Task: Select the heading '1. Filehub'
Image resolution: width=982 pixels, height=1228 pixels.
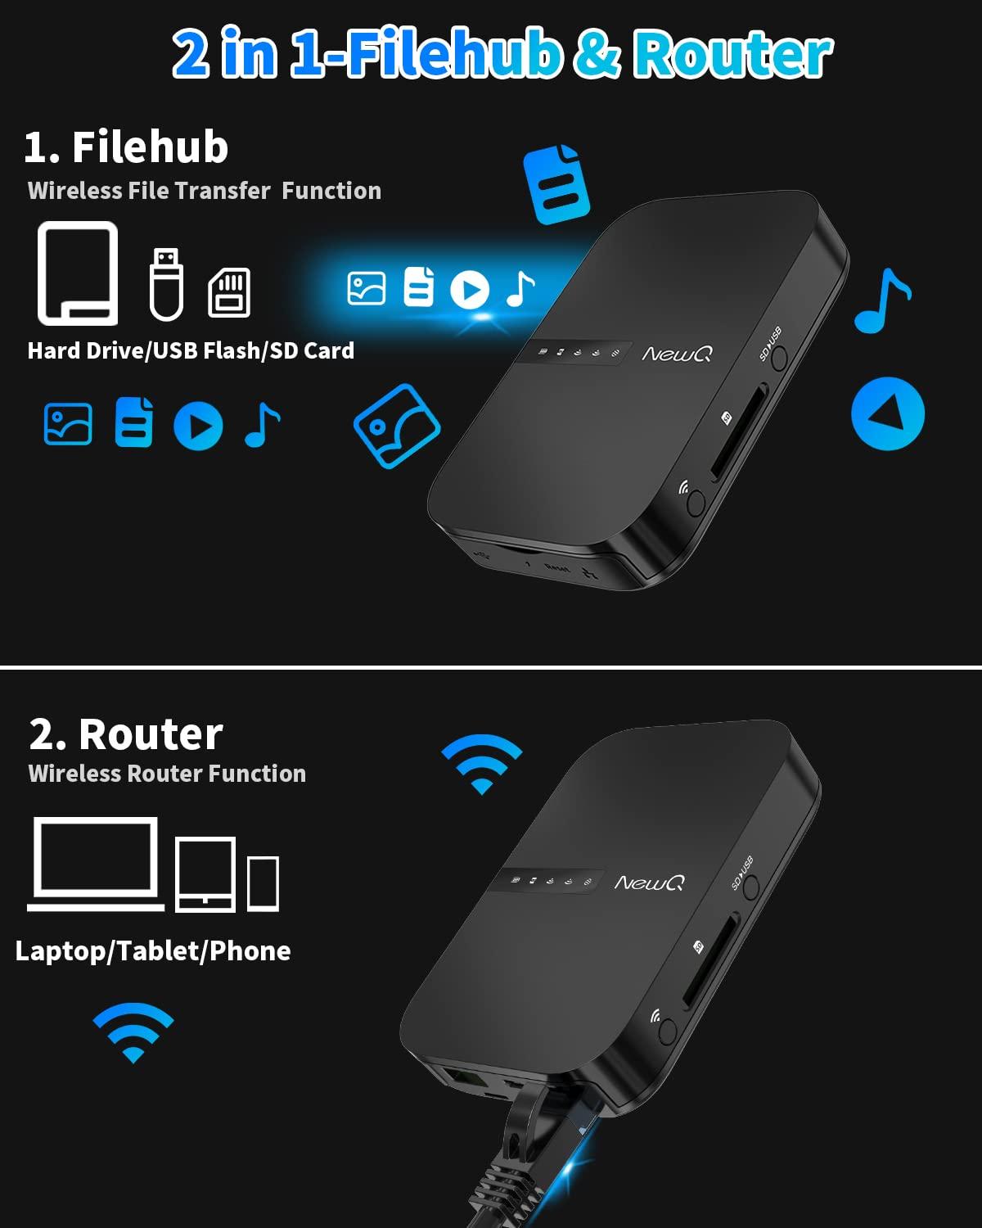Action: coord(126,147)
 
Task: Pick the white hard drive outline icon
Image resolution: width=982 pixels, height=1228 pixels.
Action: coord(78,273)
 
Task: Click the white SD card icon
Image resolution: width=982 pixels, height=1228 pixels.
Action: coord(230,292)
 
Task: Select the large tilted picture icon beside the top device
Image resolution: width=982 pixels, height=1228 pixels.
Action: coord(397,426)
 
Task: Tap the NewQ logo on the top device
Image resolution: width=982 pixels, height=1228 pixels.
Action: coord(677,354)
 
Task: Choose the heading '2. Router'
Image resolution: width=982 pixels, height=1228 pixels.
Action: coord(126,734)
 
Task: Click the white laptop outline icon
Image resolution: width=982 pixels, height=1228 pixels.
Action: coord(96,864)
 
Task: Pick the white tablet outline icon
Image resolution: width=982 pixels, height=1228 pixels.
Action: coord(205,874)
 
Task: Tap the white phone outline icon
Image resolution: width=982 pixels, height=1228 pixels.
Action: coord(264,883)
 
